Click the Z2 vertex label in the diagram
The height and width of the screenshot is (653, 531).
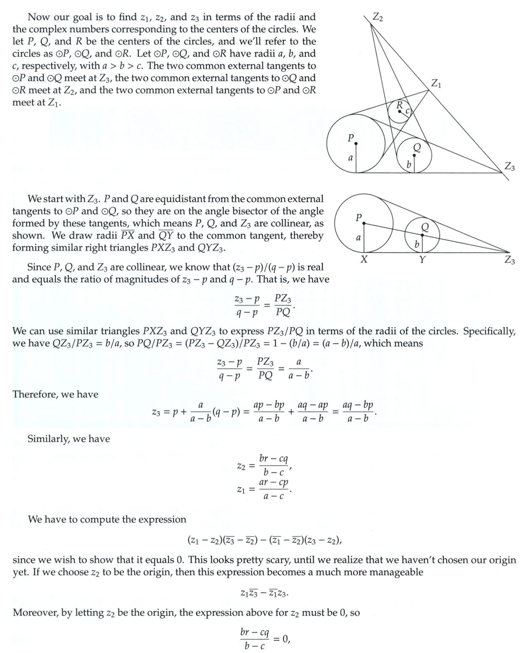377,16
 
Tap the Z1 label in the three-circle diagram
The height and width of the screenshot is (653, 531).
436,84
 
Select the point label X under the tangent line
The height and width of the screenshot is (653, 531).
364,260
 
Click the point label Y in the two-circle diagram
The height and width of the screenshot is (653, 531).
421,260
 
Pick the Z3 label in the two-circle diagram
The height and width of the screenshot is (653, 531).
509,261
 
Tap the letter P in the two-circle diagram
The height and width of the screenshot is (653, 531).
358,218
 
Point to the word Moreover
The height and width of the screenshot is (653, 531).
34,613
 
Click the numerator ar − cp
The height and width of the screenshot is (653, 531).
274,481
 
